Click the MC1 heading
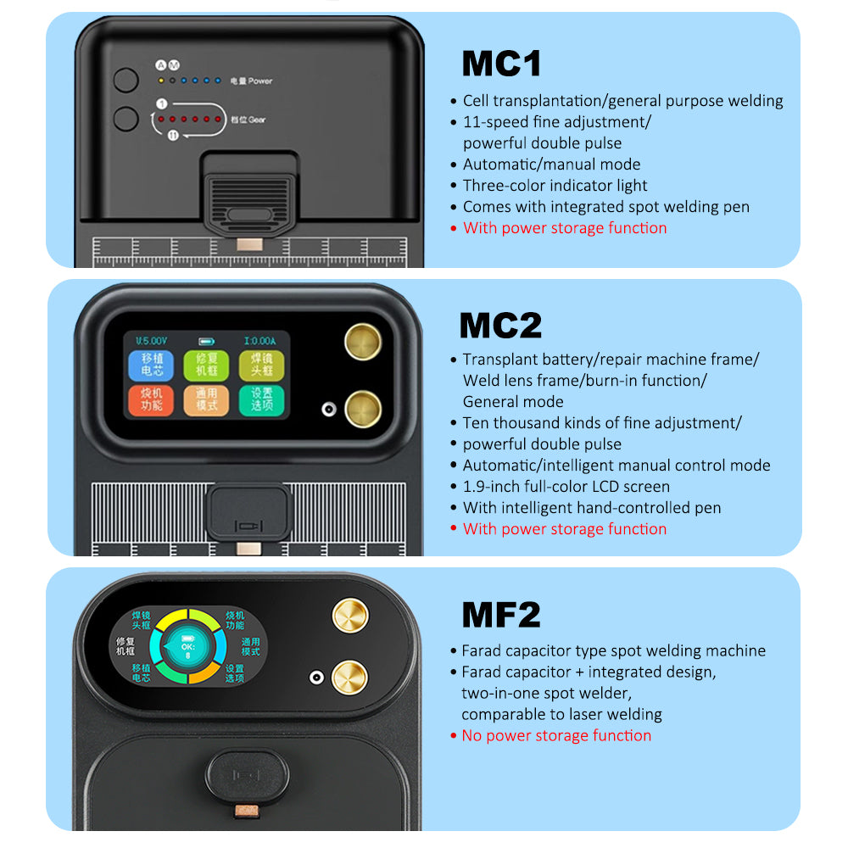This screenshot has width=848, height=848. point(501,64)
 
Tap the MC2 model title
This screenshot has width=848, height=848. point(500,326)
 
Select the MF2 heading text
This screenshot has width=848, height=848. point(500,614)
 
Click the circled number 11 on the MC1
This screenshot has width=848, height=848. point(173,135)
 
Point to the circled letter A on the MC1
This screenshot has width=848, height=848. point(160,64)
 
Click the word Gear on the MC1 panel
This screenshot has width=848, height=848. point(256,120)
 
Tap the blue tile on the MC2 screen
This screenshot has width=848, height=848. point(151,365)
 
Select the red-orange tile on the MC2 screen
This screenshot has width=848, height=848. point(151,400)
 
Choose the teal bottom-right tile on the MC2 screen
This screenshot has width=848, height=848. point(261,400)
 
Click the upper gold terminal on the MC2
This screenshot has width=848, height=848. point(362,341)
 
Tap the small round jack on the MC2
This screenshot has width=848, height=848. point(325,410)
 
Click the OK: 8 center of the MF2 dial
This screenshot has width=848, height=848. point(187,648)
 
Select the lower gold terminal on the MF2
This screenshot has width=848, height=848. point(349,678)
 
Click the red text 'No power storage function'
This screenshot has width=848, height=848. point(556,735)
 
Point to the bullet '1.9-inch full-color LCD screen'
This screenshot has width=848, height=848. point(566,487)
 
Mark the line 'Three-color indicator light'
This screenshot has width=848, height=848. point(555,186)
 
